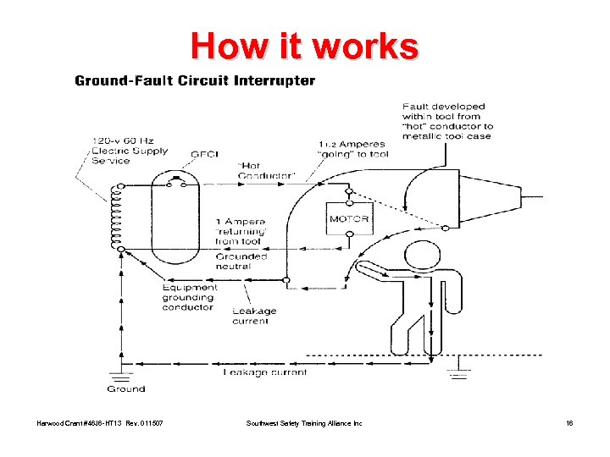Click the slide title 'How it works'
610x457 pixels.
pyautogui.click(x=304, y=47)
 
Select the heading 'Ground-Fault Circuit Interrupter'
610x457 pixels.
pyautogui.click(x=195, y=82)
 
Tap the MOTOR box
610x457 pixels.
pyautogui.click(x=348, y=218)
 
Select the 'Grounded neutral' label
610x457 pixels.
pyautogui.click(x=241, y=261)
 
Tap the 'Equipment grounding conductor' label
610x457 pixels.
pyautogui.click(x=190, y=297)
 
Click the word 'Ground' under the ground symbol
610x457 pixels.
pyautogui.click(x=125, y=389)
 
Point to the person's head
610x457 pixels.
pyautogui.click(x=421, y=254)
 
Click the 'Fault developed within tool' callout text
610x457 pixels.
pyautogui.click(x=447, y=121)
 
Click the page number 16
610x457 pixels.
pyautogui.click(x=568, y=422)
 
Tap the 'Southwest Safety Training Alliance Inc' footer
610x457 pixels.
pyautogui.click(x=303, y=422)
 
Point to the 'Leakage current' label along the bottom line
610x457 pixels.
pyautogui.click(x=265, y=372)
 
